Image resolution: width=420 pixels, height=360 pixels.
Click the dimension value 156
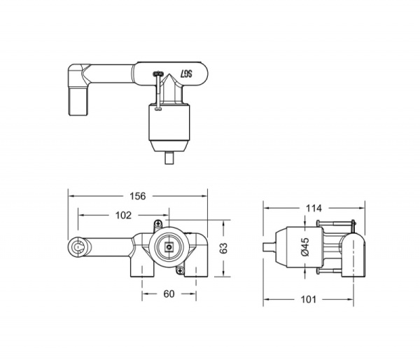tap(138, 196)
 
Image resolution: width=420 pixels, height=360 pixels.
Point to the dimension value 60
tap(168, 294)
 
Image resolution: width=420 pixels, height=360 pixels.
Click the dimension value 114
tap(314, 208)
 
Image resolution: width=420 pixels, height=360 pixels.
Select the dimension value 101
tap(309, 299)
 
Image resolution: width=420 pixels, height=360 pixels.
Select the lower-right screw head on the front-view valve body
tap(181, 270)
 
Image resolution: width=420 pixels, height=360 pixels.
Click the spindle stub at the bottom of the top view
tap(169, 158)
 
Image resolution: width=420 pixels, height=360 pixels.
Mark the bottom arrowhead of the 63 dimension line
tap(223, 274)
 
